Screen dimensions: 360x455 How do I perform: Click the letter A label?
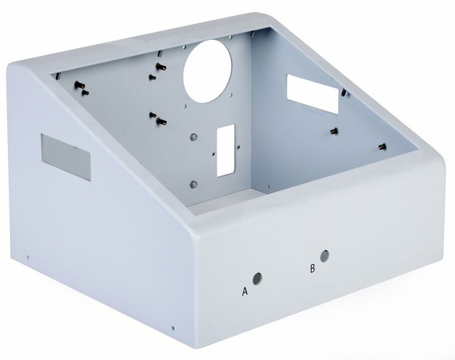[245, 292]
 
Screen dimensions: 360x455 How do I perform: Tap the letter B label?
[312, 268]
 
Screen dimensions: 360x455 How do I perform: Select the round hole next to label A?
[256, 277]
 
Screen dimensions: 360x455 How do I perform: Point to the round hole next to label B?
[325, 256]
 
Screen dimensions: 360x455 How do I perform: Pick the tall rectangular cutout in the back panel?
[226, 150]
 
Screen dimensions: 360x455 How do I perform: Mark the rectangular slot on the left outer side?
[65, 156]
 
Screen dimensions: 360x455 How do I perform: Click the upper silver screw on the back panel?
[191, 136]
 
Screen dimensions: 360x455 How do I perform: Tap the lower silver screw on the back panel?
[192, 183]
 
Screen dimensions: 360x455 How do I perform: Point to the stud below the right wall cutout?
[334, 131]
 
